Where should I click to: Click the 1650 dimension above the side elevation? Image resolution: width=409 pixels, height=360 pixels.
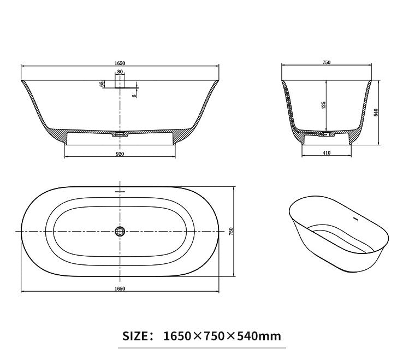[120, 63]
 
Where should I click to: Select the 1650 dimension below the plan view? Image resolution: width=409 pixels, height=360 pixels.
[120, 288]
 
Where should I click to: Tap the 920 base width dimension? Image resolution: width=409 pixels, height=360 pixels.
[120, 154]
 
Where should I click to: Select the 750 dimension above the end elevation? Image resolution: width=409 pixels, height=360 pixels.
[326, 63]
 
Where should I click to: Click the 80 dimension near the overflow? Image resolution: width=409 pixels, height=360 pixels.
[120, 72]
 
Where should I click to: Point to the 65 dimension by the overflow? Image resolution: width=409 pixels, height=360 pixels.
[102, 84]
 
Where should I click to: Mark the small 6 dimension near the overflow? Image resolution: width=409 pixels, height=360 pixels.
[134, 95]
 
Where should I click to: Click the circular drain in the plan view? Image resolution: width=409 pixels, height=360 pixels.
[120, 231]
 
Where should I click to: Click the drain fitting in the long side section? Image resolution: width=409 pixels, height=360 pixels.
[120, 132]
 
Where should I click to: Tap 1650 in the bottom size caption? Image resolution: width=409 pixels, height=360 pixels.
[177, 335]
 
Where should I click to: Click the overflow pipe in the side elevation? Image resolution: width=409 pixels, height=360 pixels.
[120, 82]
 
